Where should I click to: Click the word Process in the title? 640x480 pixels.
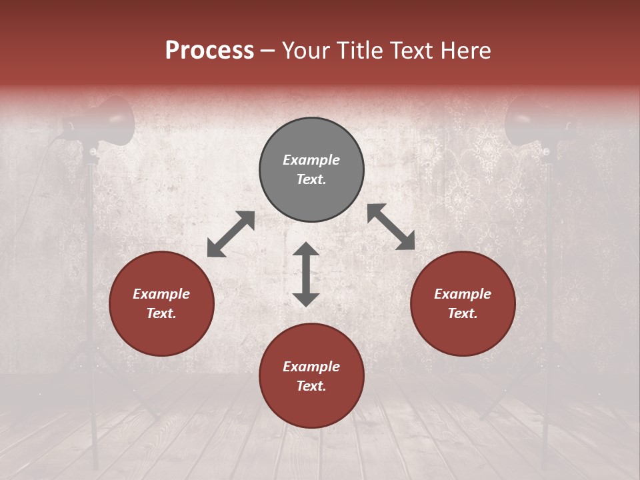(209, 51)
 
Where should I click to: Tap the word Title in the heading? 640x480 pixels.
(361, 51)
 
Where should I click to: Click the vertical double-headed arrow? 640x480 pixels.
(306, 274)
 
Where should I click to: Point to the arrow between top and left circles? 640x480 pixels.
(231, 234)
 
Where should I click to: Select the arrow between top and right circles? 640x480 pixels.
(391, 227)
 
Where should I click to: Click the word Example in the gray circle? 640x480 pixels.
(311, 160)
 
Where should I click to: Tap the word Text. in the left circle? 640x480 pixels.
(161, 313)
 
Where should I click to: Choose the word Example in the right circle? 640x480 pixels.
(463, 294)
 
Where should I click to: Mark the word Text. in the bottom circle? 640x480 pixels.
(311, 386)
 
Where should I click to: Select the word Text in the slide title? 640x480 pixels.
(411, 51)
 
